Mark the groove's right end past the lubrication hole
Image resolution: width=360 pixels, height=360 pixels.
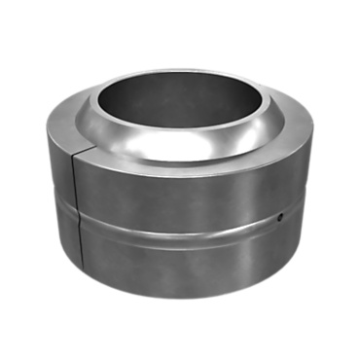pyautogui.click(x=302, y=209)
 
